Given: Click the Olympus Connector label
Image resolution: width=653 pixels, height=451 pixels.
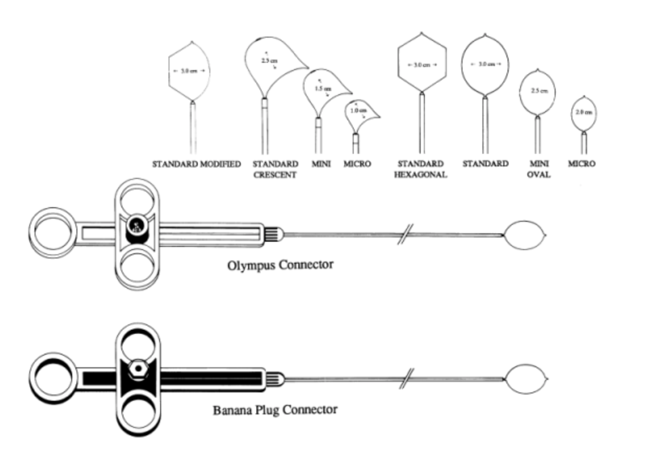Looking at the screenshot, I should coord(280,265).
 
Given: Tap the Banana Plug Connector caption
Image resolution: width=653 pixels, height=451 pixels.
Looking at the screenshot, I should coord(275,409).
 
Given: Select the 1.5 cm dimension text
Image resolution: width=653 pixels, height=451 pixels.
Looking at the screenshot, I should coord(322,89).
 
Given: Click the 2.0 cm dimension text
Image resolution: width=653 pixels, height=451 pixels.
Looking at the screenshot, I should coord(584,112).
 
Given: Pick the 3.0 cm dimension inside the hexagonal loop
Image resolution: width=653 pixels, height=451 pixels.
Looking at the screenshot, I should coord(422,65).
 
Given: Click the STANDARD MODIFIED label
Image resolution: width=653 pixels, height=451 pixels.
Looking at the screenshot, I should coord(196,164).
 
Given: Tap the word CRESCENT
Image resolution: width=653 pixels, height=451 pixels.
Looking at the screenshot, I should coord(275,175).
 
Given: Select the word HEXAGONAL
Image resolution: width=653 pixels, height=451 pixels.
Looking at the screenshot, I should coord(421,175).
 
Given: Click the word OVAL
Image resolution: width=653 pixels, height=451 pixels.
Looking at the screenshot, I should coord(538,175).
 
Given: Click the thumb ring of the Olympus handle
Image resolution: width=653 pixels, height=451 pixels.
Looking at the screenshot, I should coord(51,232).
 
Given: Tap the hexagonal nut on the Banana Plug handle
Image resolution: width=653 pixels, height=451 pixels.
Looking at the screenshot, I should coord(138,368).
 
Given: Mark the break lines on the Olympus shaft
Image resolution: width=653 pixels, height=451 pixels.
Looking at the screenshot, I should coord(404,234).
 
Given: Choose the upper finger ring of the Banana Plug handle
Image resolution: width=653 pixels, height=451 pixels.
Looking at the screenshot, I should coord(138,342).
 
